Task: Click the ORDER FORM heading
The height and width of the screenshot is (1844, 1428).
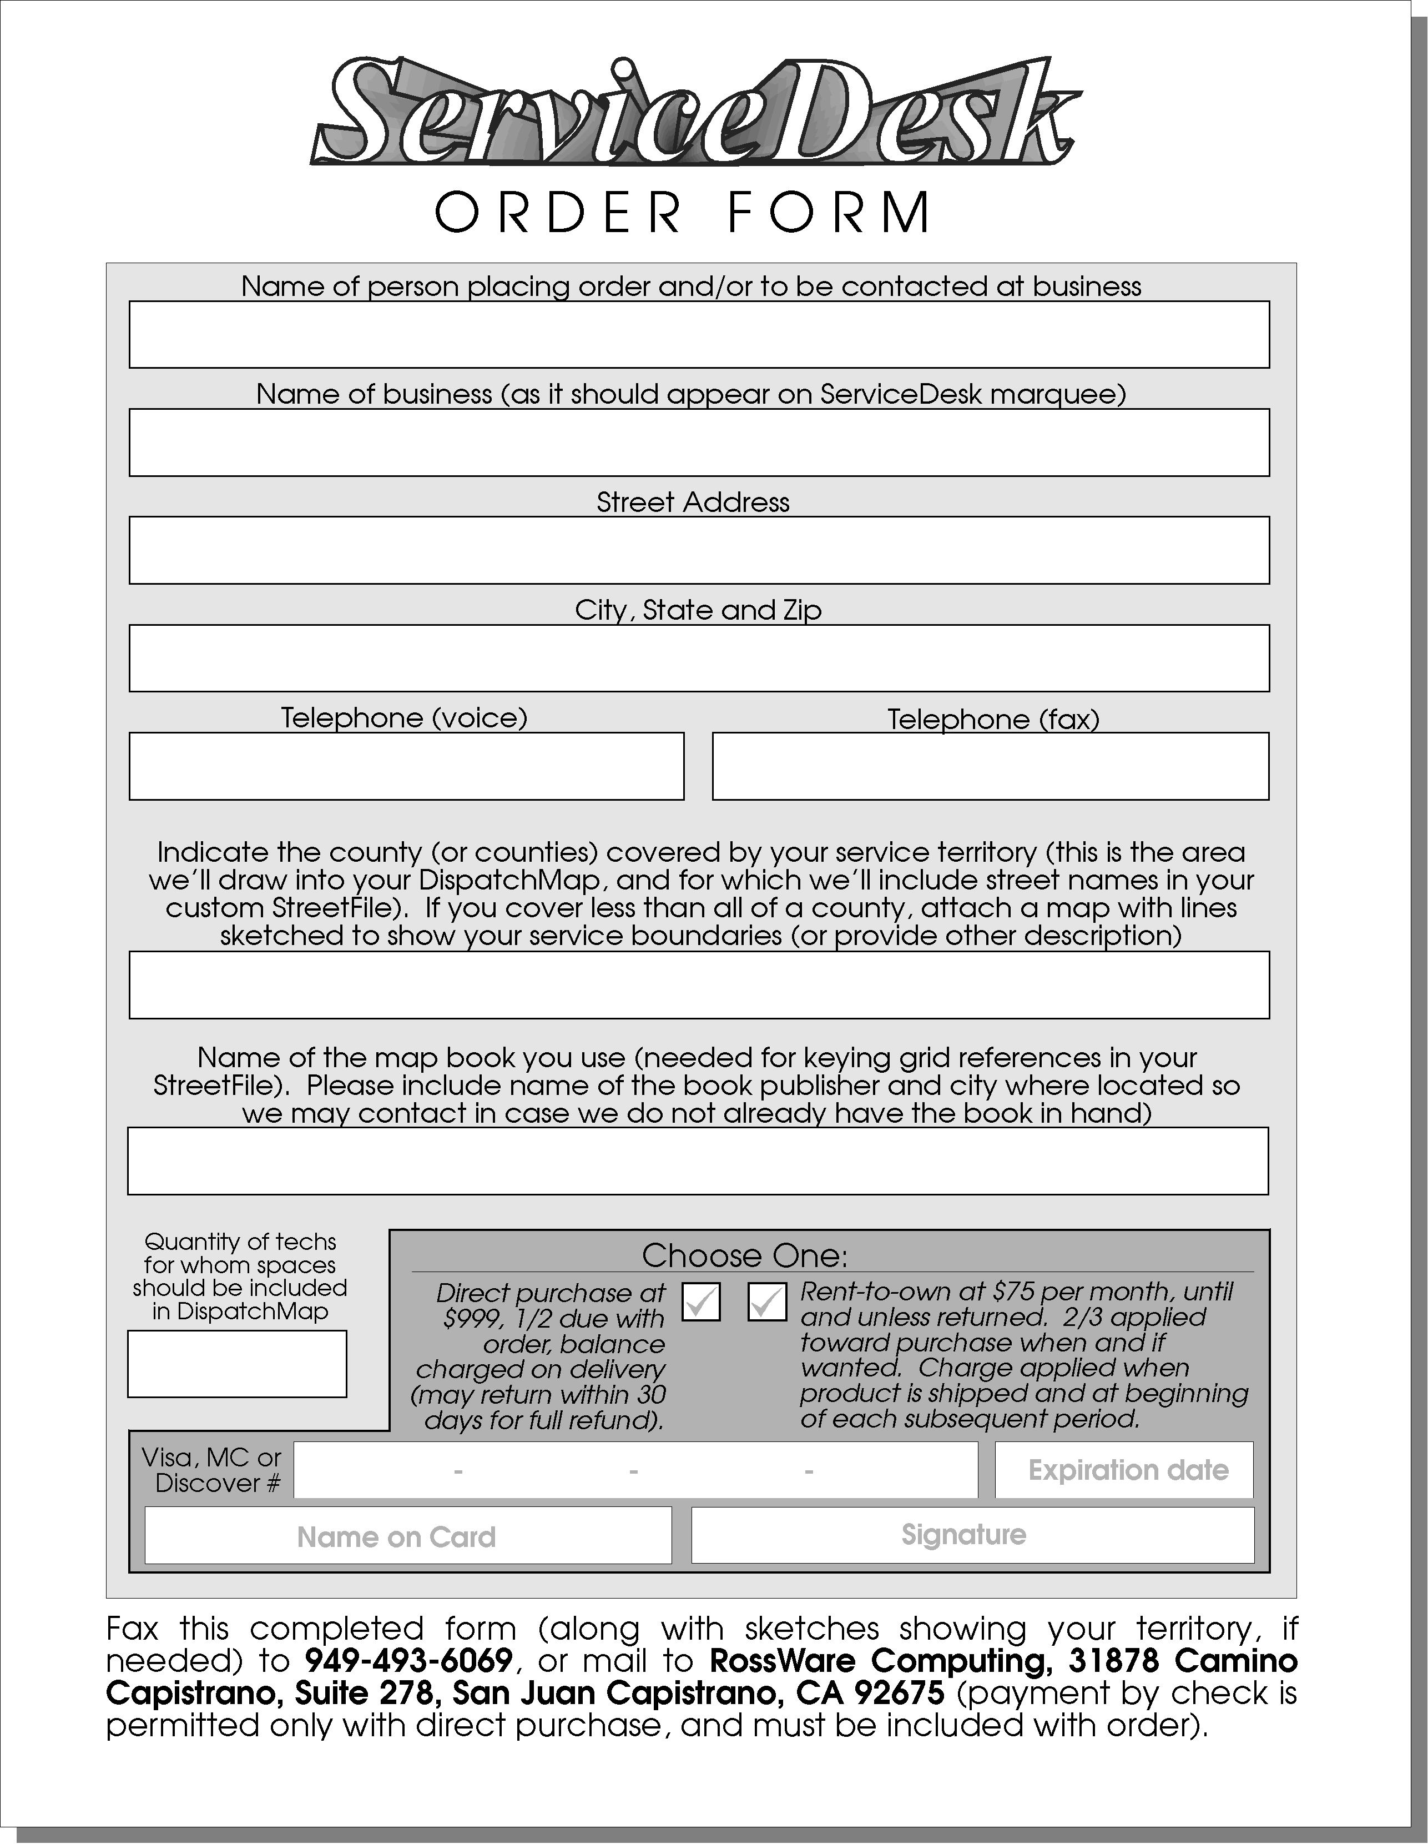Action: tap(682, 212)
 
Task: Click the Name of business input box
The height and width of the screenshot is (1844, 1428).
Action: tap(699, 443)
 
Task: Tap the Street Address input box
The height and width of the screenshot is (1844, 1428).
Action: tap(699, 550)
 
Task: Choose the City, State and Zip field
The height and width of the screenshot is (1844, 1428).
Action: tap(699, 658)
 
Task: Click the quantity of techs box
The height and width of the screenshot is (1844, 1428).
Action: tap(237, 1364)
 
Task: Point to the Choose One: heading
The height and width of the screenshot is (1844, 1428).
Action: tap(744, 1255)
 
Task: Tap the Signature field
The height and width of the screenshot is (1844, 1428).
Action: tap(972, 1534)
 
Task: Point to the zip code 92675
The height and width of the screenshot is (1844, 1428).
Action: tap(899, 1693)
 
